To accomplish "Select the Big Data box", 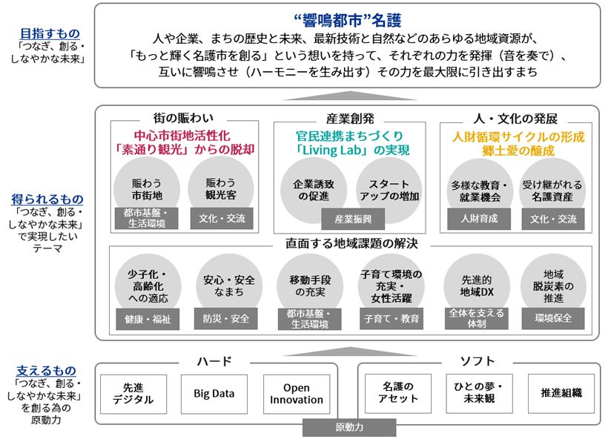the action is pos(214,394).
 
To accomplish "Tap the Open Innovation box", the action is pos(297,394).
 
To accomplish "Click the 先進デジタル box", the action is pos(133,394).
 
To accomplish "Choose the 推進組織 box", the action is pos(561,393).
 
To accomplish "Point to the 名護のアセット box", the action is pos(398,393).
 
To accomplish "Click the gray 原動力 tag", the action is pos(349,427).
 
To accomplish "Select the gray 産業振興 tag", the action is pos(353,220).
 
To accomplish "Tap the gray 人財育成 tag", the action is pos(479,219).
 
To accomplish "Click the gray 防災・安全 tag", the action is pos(225,319).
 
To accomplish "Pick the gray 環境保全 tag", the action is pos(553,318).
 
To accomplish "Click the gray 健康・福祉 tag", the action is pos(148,320).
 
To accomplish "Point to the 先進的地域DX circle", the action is pos(477,287).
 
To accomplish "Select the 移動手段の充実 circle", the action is pos(310,287).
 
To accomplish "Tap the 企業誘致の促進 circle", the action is pos(314,190).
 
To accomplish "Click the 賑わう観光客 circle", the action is pos(221,189).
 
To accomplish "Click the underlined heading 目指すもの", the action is pos(50,33).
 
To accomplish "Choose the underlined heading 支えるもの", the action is pos(46,371).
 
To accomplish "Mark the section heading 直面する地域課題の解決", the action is pos(351,244).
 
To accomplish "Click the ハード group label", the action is pos(214,361).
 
